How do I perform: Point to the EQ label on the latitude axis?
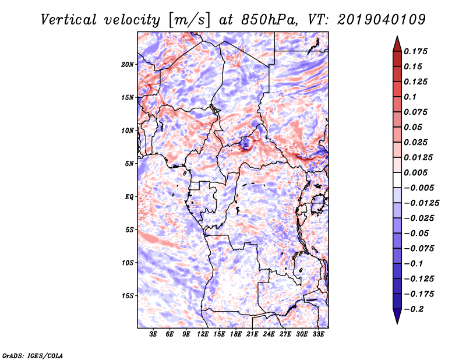[129, 197]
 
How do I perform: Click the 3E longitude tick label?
[154, 334]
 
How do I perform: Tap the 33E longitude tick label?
[319, 334]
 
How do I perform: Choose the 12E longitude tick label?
[203, 334]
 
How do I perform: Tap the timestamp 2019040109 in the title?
[380, 20]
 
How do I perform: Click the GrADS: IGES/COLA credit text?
[33, 355]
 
